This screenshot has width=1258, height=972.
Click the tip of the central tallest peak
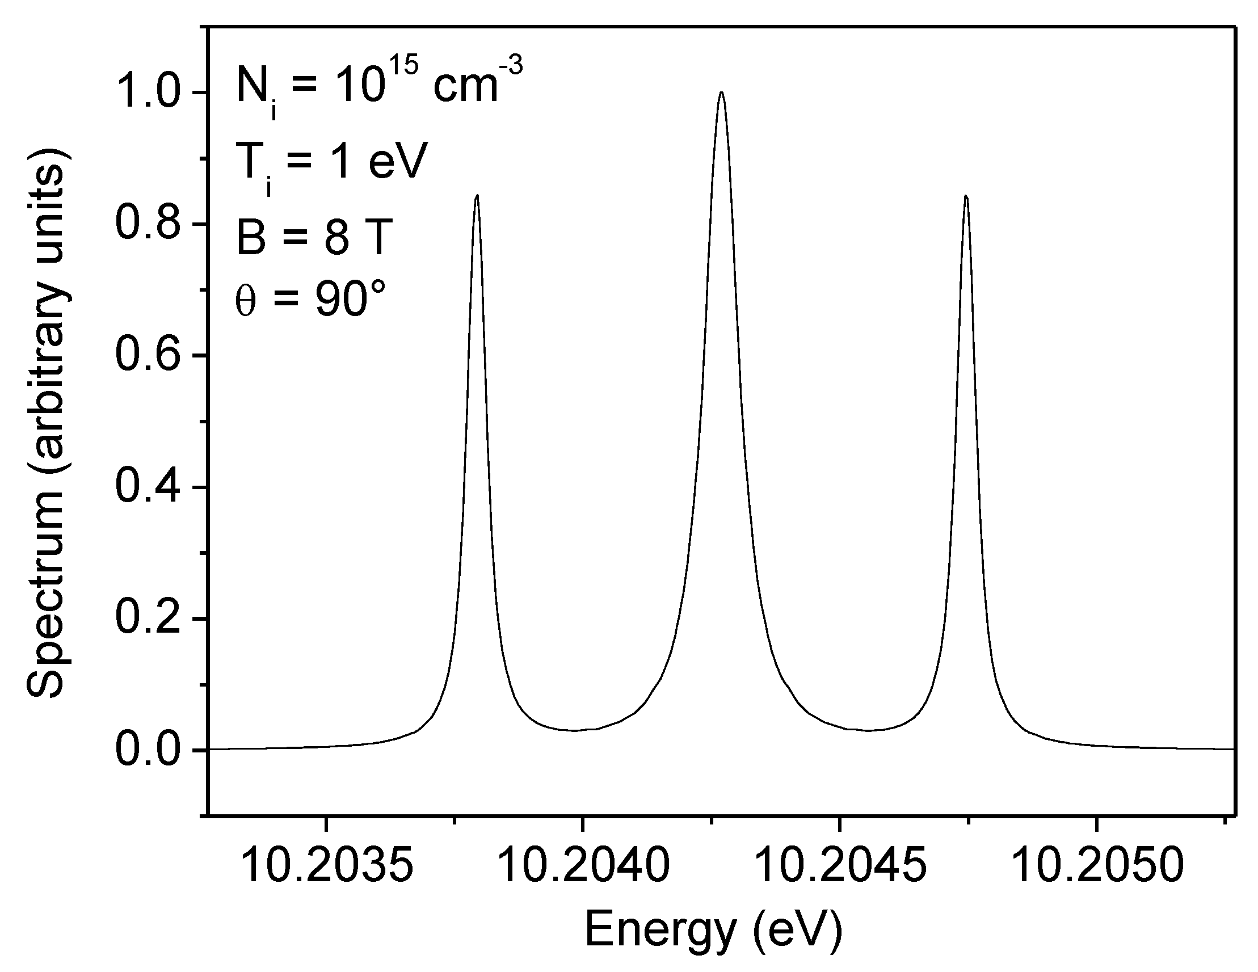coord(721,92)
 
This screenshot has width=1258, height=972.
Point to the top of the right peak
coord(966,196)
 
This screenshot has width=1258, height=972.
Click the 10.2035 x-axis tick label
coord(327,865)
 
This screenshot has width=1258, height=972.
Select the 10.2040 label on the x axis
coord(583,865)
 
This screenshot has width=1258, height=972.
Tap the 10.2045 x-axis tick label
coord(840,865)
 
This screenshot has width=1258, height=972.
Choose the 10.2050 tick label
coord(1097,865)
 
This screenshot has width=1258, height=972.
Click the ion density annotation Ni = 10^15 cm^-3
coord(379,86)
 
